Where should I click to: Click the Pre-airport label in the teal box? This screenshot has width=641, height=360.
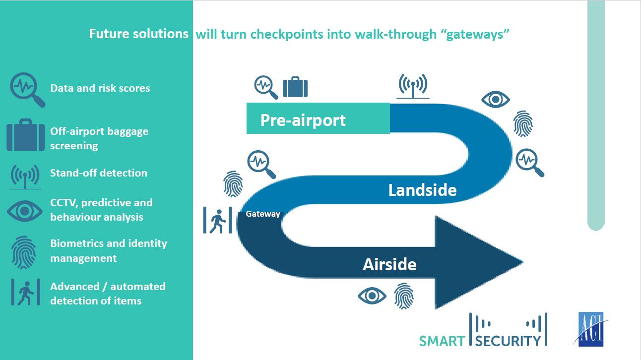pyautogui.click(x=303, y=120)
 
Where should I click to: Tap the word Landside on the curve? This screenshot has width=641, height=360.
pyautogui.click(x=422, y=190)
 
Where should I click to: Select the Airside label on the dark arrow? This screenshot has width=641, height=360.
pyautogui.click(x=389, y=264)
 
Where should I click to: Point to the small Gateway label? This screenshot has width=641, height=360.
pyautogui.click(x=262, y=214)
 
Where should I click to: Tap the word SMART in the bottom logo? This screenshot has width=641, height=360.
pyautogui.click(x=442, y=341)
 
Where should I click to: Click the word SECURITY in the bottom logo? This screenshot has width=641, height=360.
pyautogui.click(x=508, y=341)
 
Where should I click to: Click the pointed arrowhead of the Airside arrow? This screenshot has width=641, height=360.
pyautogui.click(x=523, y=262)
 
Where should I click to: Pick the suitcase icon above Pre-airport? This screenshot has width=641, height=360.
pyautogui.click(x=295, y=87)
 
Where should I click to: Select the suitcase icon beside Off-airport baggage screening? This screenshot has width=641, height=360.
pyautogui.click(x=25, y=135)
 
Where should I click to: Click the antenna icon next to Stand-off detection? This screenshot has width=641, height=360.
pyautogui.click(x=25, y=177)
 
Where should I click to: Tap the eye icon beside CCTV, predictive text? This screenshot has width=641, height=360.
pyautogui.click(x=25, y=211)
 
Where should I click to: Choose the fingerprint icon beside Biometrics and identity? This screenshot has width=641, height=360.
pyautogui.click(x=24, y=252)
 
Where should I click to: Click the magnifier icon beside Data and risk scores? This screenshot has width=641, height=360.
pyautogui.click(x=27, y=90)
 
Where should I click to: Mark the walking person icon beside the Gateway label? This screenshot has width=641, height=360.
pyautogui.click(x=218, y=220)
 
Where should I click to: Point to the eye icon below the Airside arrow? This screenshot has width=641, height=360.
pyautogui.click(x=372, y=296)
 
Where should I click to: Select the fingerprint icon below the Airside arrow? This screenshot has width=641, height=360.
pyautogui.click(x=404, y=296)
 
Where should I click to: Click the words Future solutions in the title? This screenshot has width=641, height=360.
pyautogui.click(x=139, y=34)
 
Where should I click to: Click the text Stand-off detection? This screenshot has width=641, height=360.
pyautogui.click(x=99, y=173)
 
